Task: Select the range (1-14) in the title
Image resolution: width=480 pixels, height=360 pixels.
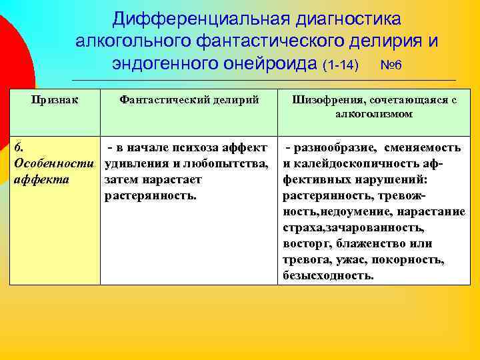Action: tap(340, 66)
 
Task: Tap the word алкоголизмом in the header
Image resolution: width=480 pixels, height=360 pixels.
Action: tap(374, 114)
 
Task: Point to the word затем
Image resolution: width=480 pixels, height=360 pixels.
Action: tap(120, 180)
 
